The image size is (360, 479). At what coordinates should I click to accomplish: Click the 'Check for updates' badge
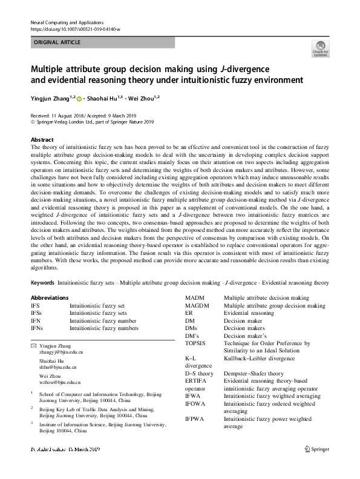[320, 48]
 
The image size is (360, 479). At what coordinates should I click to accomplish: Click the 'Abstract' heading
[42, 139]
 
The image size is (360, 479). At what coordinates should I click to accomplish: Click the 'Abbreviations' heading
[50, 298]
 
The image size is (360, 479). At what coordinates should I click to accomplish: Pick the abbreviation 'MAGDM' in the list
[198, 306]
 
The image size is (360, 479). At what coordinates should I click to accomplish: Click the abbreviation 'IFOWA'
[195, 403]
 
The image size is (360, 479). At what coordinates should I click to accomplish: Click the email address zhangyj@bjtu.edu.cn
[61, 351]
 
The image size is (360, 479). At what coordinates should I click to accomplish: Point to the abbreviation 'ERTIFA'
[196, 381]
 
